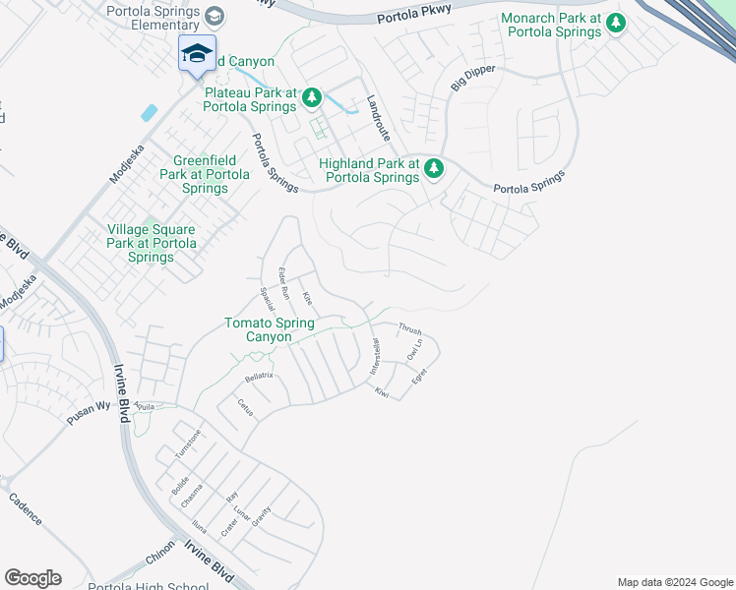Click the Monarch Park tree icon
tap(616, 22)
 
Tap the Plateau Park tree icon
tap(312, 96)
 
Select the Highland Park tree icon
tap(434, 171)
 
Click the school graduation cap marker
tap(197, 53)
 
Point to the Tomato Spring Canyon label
tap(270, 329)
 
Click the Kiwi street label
tap(383, 392)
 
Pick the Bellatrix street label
tap(259, 377)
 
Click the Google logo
tap(32, 578)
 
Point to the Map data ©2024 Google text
tap(674, 582)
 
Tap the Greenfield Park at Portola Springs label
tap(205, 174)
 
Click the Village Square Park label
tap(151, 243)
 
